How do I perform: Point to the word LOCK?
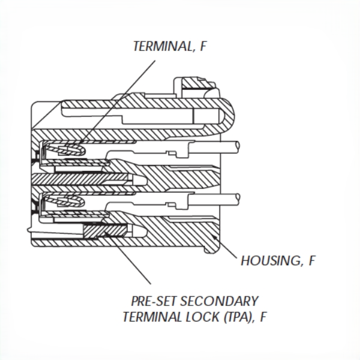[x=199, y=316]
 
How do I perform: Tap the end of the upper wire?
[x=239, y=145]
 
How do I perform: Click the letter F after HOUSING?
[x=312, y=261]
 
